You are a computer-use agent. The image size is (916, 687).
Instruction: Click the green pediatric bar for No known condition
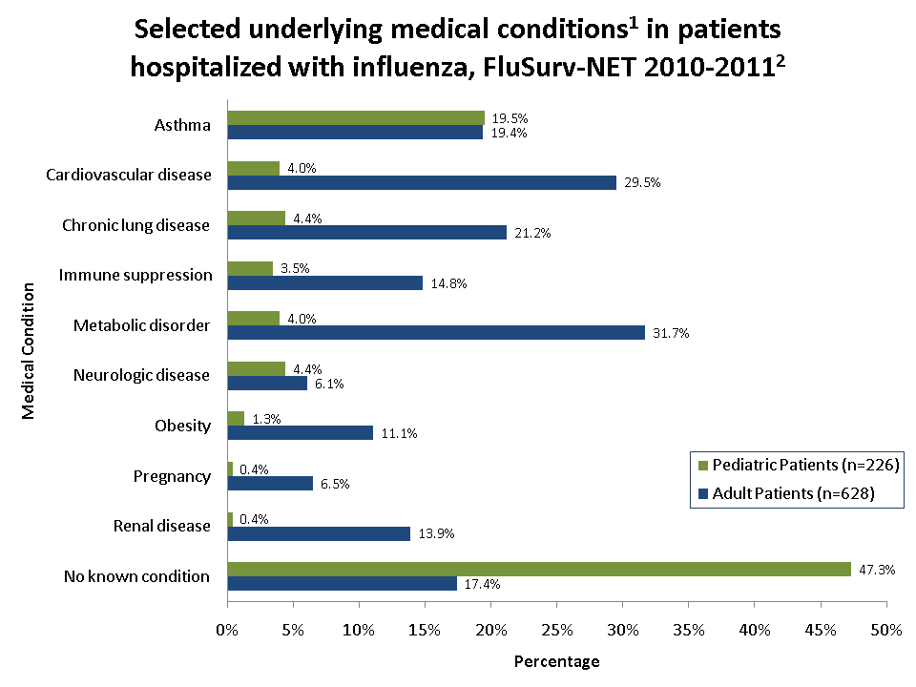coord(539,569)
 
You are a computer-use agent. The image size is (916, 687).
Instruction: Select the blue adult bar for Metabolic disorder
coord(436,332)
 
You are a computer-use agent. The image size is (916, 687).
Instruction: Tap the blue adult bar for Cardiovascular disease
coord(422,182)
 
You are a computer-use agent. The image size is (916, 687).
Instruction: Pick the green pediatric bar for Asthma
coord(356,117)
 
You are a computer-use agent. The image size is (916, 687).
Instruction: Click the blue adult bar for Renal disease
coord(319,533)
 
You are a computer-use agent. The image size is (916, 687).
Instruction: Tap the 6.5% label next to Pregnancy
coord(334,484)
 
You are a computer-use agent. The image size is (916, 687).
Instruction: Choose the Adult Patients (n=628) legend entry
coord(786,493)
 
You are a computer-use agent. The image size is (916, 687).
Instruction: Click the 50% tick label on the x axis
coord(886,630)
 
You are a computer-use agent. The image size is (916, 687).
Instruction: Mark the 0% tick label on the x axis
coord(227,630)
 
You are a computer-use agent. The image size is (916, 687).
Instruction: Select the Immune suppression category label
coord(135,275)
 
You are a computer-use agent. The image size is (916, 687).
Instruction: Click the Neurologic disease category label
coord(141,375)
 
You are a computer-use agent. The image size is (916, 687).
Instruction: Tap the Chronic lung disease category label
coord(135,225)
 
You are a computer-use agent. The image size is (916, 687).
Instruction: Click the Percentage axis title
coord(556,661)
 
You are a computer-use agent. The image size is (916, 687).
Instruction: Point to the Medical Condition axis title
coord(29,349)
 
